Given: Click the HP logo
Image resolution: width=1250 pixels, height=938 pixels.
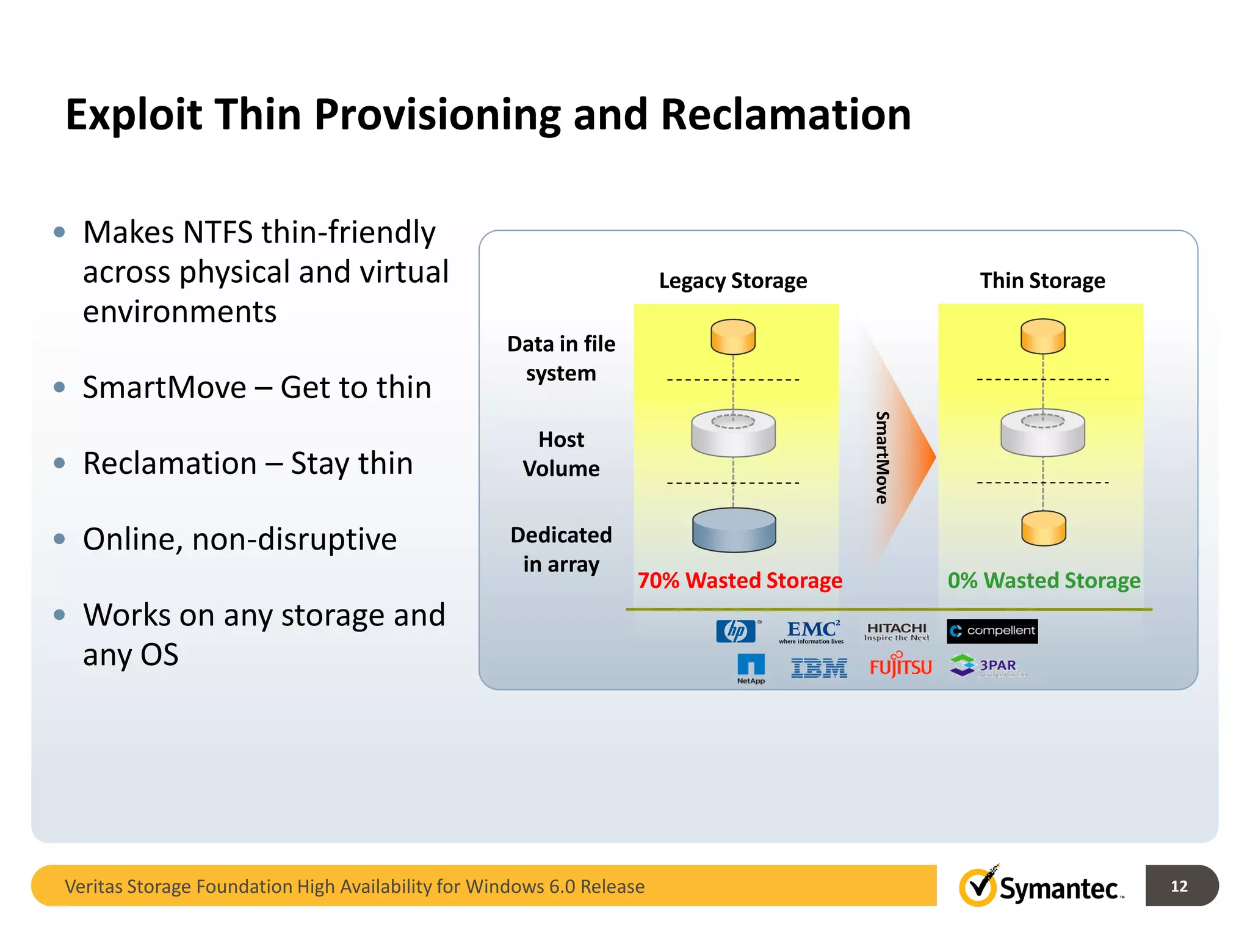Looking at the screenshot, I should tap(736, 631).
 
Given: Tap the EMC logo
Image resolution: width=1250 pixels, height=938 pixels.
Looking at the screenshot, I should tap(812, 631).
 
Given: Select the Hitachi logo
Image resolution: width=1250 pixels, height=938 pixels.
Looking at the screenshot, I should tap(897, 631).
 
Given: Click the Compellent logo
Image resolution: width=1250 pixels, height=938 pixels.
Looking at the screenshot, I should tap(992, 631).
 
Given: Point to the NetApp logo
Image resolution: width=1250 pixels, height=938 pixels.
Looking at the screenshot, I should tap(751, 669).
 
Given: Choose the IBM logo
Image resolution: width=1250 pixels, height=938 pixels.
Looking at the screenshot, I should tap(819, 668).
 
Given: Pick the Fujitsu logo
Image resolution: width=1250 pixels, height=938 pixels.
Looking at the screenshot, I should tap(901, 666).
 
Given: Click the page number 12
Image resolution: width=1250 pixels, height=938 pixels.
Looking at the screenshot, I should tap(1179, 885).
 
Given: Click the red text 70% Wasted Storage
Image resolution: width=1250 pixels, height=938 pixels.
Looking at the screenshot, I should tap(740, 580).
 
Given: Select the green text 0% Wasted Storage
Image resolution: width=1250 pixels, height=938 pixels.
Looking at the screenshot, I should tap(1044, 580).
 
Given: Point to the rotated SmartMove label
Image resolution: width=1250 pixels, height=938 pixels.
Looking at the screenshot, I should tap(882, 457).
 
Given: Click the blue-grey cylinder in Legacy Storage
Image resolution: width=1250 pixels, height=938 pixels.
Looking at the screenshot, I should tap(734, 530).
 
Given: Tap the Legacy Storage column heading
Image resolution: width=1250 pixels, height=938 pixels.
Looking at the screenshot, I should tap(733, 281).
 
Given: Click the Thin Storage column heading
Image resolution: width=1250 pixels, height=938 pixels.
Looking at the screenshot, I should tap(1042, 281).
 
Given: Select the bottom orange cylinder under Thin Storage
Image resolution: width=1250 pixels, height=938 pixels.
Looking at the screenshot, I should tap(1044, 528).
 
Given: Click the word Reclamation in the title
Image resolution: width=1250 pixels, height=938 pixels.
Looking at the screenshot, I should tap(786, 115).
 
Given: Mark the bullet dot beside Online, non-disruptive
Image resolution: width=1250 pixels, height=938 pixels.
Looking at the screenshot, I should tap(59, 539).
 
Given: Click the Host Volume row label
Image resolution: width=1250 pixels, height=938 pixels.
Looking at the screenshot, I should tap(561, 454).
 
